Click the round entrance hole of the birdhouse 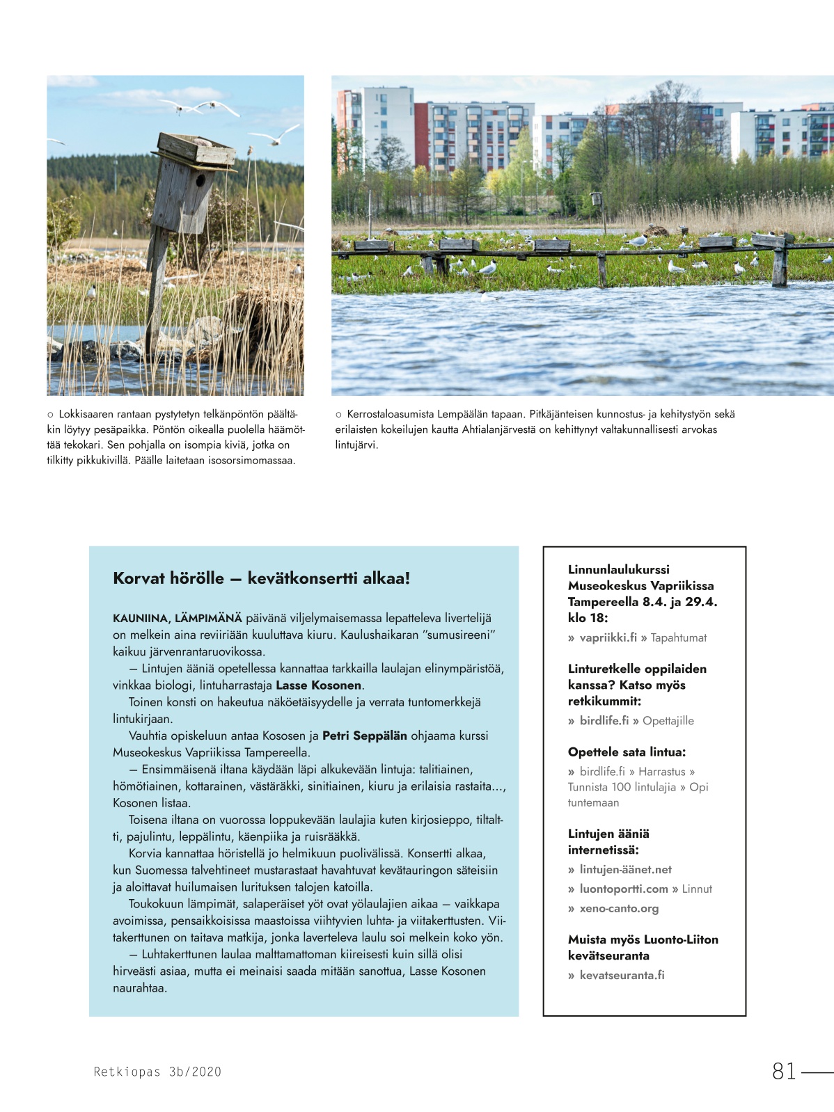tap(200, 182)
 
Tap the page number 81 tap(784, 1071)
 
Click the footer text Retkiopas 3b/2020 tap(157, 1072)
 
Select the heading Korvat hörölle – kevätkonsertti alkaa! tap(261, 578)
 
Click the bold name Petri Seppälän tap(364, 736)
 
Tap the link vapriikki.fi tap(608, 637)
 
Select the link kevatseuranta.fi tap(622, 975)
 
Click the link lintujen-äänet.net tap(625, 869)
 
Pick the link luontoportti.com tap(623, 889)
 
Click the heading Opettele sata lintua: tap(627, 752)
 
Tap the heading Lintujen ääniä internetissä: tap(608, 841)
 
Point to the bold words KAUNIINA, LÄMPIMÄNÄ tap(178, 618)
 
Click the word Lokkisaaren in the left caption tap(86, 414)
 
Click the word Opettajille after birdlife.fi tap(668, 721)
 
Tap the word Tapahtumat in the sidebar tap(679, 637)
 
